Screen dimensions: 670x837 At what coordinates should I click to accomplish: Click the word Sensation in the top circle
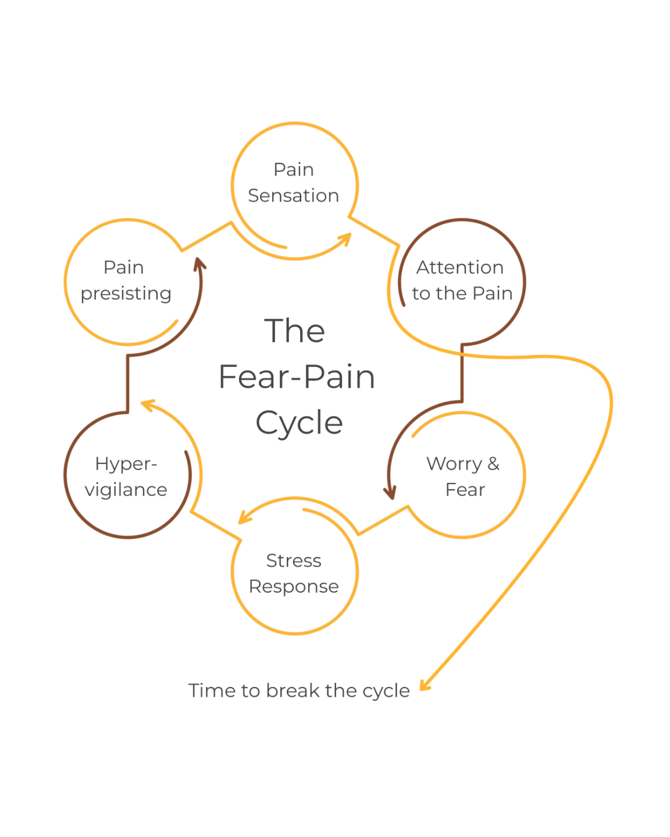pos(293,195)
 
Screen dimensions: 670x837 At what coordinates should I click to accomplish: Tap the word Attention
pos(460,267)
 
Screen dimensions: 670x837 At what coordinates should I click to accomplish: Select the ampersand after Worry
pos(493,463)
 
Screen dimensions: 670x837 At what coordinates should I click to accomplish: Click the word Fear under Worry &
pos(465,489)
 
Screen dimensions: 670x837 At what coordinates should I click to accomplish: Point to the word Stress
pos(294,560)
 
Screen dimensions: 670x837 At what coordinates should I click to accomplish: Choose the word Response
pos(294,586)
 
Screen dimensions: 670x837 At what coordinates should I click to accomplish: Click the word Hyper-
pos(126,464)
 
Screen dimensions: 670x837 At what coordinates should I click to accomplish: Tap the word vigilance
pos(126,489)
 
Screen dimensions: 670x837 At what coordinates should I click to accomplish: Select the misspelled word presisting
pos(126,294)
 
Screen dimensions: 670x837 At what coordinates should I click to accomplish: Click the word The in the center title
pos(294,331)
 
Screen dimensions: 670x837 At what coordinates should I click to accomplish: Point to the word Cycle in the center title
pos(299,423)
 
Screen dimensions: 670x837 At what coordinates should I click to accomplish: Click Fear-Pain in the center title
pos(297,377)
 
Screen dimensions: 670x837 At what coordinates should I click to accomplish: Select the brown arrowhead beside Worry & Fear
pos(390,492)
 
